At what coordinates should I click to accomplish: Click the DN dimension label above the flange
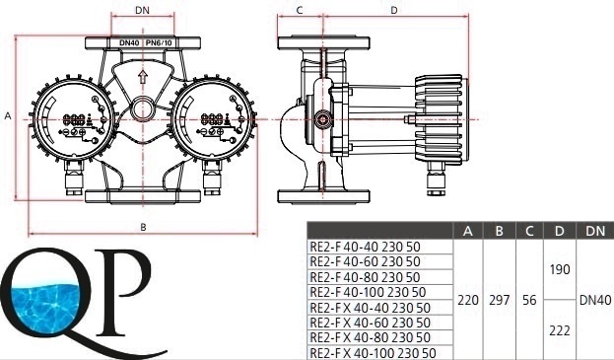142,10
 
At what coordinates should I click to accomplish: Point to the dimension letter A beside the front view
8,116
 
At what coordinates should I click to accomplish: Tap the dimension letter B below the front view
143,227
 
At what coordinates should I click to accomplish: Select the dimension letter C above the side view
300,11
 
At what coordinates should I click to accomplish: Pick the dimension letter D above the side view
394,11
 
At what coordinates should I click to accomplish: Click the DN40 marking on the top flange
129,42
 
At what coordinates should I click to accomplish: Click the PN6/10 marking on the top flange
159,42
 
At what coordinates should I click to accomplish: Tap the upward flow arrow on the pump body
143,77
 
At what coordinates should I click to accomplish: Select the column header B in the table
499,231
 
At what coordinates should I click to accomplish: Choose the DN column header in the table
595,231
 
